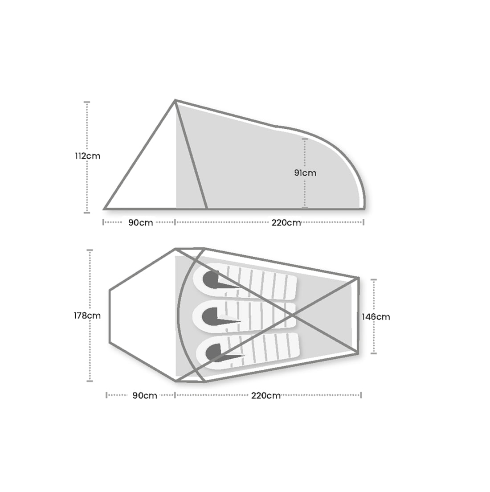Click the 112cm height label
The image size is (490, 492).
click(88, 156)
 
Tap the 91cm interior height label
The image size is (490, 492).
click(305, 173)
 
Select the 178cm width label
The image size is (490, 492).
click(87, 316)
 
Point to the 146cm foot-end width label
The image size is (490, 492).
click(376, 317)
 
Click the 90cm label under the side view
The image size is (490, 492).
click(140, 223)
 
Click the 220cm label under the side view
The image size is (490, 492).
click(286, 223)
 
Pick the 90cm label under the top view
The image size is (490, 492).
click(144, 396)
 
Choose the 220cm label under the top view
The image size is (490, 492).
click(266, 396)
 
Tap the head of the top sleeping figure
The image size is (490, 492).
click(209, 279)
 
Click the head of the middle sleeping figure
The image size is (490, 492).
click(208, 316)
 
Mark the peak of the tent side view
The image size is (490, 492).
click(176, 101)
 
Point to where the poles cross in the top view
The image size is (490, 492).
click(292, 315)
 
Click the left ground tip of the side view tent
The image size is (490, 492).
click(105, 208)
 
